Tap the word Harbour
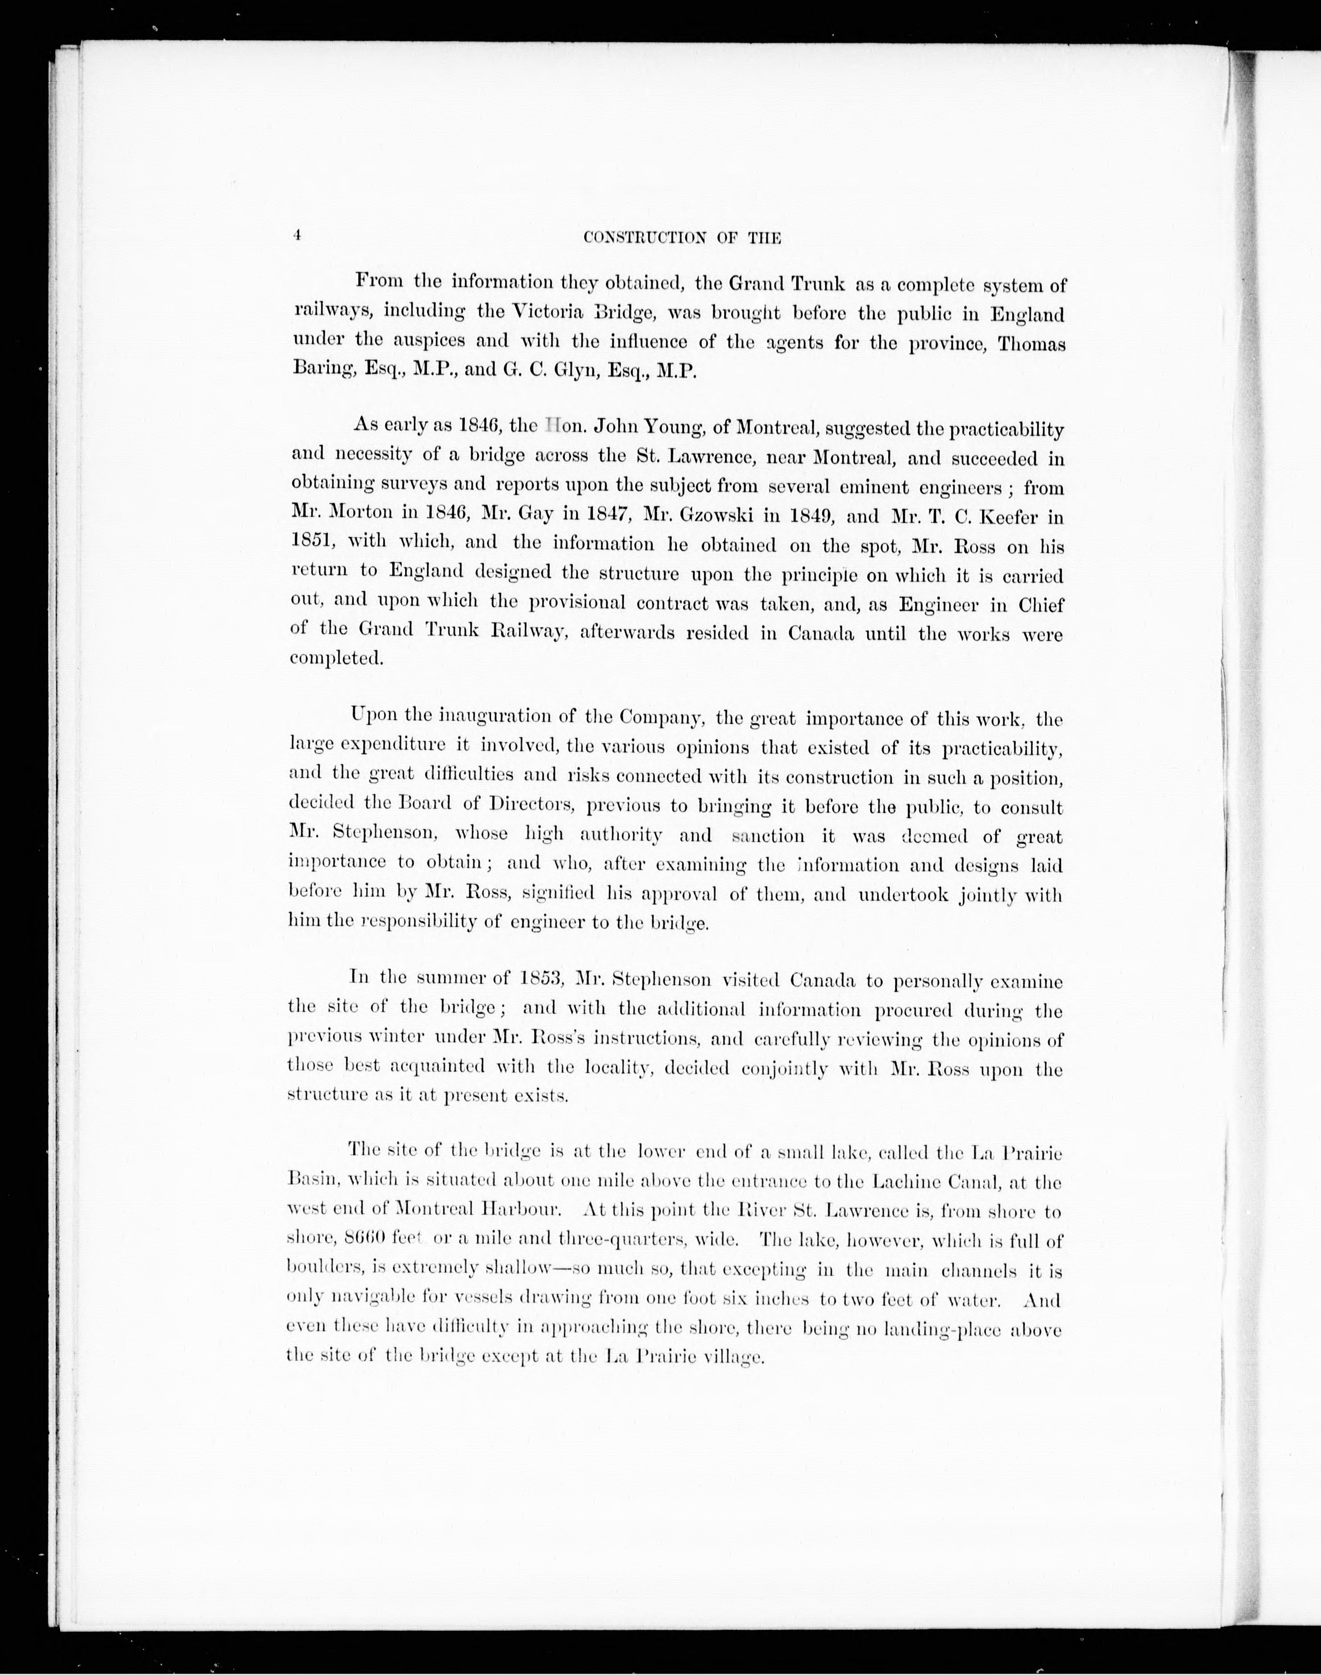[x=526, y=1211]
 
